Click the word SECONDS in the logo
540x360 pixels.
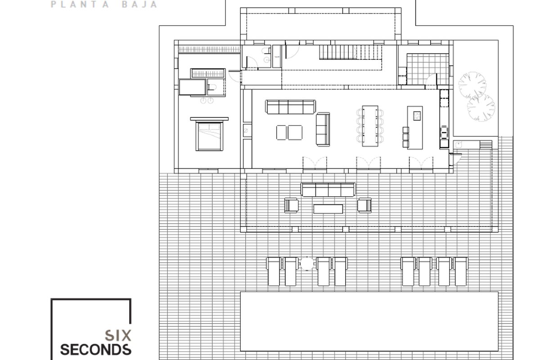[x=96, y=350]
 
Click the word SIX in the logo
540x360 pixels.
[x=118, y=335]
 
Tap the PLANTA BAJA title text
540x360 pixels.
[x=104, y=4]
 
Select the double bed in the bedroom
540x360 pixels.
[x=209, y=136]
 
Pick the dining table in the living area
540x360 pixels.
[x=370, y=126]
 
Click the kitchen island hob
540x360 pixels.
[x=417, y=116]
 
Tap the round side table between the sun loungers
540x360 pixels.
[x=306, y=264]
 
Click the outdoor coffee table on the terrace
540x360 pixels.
[x=328, y=209]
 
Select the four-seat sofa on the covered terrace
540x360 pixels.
[x=328, y=190]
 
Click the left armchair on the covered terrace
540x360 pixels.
[x=291, y=206]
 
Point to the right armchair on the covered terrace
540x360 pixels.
[x=364, y=206]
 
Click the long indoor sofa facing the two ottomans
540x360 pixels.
[x=291, y=107]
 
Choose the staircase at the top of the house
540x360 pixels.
[x=351, y=52]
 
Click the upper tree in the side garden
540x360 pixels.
[x=472, y=85]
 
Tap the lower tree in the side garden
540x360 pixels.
[x=481, y=108]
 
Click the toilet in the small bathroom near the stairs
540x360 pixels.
[x=266, y=50]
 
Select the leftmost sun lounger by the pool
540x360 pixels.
[x=274, y=271]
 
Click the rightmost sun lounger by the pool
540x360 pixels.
[x=460, y=271]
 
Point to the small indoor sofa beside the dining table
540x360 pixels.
[x=323, y=129]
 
